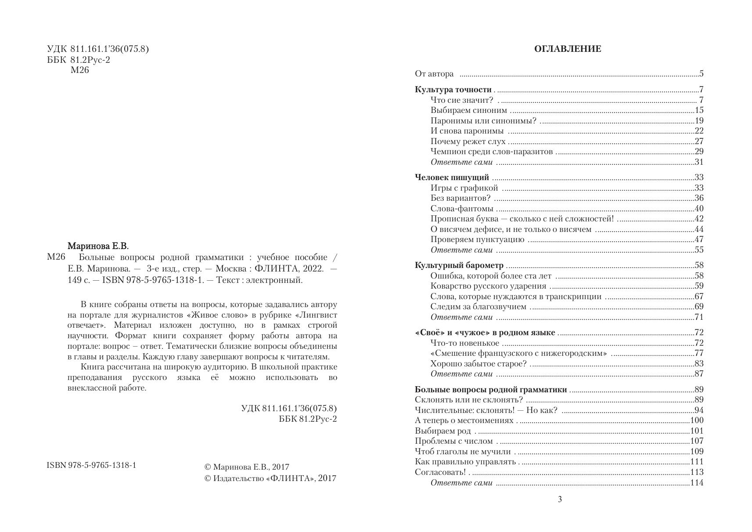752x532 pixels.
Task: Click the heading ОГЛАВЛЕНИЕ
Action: click(x=567, y=49)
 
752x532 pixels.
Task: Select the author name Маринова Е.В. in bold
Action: click(x=98, y=246)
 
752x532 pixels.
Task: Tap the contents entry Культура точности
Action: click(x=453, y=90)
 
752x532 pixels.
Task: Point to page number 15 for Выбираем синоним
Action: click(x=699, y=111)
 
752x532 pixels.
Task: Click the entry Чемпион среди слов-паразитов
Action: click(x=491, y=152)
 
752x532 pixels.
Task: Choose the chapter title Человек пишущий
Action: click(x=451, y=177)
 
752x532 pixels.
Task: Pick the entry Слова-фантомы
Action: click(x=461, y=209)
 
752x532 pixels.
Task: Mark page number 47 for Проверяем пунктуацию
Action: click(x=699, y=239)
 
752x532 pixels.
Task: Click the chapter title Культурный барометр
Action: click(x=459, y=265)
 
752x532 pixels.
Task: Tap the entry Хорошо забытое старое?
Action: click(x=478, y=364)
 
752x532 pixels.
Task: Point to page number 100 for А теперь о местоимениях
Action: click(x=697, y=420)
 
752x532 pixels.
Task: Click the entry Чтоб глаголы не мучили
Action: click(x=463, y=452)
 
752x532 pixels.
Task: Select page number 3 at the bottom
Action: click(x=559, y=499)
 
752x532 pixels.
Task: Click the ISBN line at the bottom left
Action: click(x=91, y=465)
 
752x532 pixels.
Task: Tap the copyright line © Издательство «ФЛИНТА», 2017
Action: click(x=270, y=478)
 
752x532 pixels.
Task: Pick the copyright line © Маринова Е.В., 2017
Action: click(x=247, y=467)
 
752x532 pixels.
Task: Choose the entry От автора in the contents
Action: click(x=434, y=74)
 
